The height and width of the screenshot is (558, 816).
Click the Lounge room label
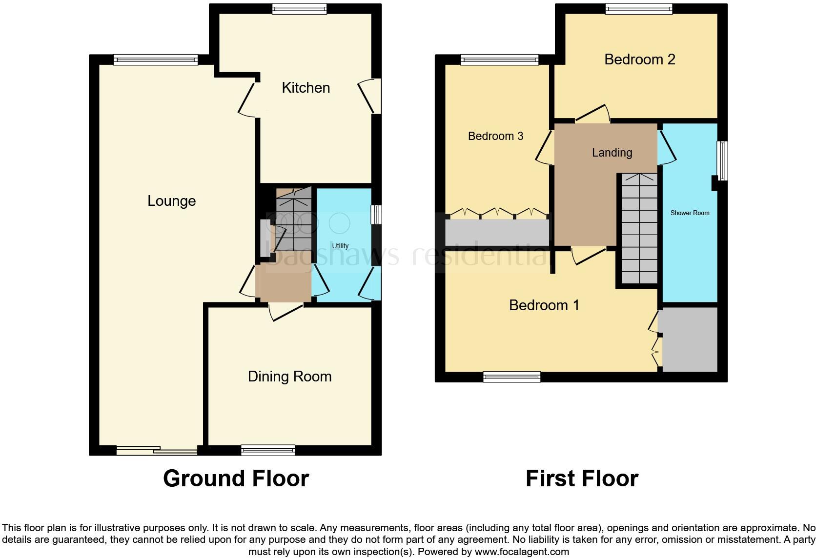(x=171, y=201)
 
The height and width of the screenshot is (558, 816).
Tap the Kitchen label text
(x=306, y=88)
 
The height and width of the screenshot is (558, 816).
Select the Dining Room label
(x=289, y=377)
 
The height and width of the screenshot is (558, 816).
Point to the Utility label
(x=340, y=246)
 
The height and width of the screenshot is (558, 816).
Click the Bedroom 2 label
(x=639, y=60)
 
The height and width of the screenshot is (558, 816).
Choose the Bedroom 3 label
(x=495, y=136)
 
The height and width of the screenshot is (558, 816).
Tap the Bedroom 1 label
(x=544, y=305)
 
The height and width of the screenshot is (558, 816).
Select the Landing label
(x=612, y=153)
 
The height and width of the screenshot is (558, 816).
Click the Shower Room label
(x=690, y=213)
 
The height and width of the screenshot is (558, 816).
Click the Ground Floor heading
(x=236, y=478)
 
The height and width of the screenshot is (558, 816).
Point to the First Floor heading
(x=582, y=478)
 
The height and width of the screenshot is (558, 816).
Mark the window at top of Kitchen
(x=299, y=9)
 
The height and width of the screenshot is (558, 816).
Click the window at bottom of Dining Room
(x=268, y=450)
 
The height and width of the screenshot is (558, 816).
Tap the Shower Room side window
(x=722, y=160)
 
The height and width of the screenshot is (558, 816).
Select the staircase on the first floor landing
(x=639, y=229)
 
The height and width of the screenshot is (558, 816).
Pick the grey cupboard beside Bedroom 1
(x=689, y=339)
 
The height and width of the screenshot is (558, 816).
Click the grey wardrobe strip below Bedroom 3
(x=497, y=233)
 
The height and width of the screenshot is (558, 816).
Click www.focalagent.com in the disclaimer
(x=522, y=552)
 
